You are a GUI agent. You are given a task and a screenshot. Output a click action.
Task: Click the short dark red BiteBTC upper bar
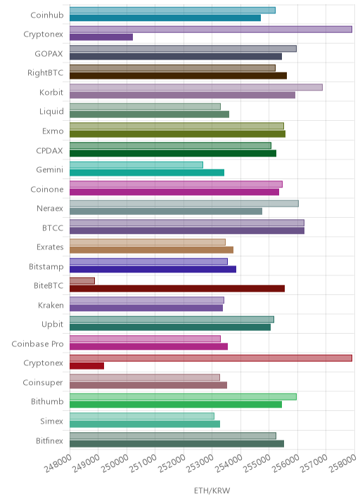click(x=82, y=281)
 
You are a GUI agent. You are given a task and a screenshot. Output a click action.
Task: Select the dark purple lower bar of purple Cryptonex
click(x=101, y=37)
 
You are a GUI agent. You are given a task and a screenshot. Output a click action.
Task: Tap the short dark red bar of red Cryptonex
click(x=86, y=366)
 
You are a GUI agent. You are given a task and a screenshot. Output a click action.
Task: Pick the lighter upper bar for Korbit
click(x=196, y=87)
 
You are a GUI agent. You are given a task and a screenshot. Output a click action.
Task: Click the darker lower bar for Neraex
click(x=166, y=211)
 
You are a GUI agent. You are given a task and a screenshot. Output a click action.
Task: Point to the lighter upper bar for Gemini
click(x=136, y=165)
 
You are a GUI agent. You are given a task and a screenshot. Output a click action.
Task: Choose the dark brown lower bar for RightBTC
click(x=178, y=76)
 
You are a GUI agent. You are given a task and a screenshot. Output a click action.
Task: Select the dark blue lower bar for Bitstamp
click(x=153, y=269)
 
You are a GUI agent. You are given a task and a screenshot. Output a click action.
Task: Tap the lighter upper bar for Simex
click(x=142, y=416)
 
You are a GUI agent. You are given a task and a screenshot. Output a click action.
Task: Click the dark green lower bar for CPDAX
click(x=173, y=153)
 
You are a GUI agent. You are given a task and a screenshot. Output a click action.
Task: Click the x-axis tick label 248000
click(x=58, y=464)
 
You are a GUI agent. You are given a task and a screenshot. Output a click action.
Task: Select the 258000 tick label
click(x=342, y=464)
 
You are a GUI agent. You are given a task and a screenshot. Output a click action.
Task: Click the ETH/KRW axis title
click(x=212, y=490)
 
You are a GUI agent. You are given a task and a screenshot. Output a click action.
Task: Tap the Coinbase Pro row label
click(x=37, y=344)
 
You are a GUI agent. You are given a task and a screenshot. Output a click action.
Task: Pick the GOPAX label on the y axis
click(x=49, y=53)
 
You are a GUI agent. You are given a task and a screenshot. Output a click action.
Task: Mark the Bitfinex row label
click(x=49, y=440)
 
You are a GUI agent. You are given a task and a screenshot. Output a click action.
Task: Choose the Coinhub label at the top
click(x=47, y=15)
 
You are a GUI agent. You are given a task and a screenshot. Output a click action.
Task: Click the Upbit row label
click(x=52, y=325)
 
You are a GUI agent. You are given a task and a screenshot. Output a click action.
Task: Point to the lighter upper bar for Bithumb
click(x=183, y=397)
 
